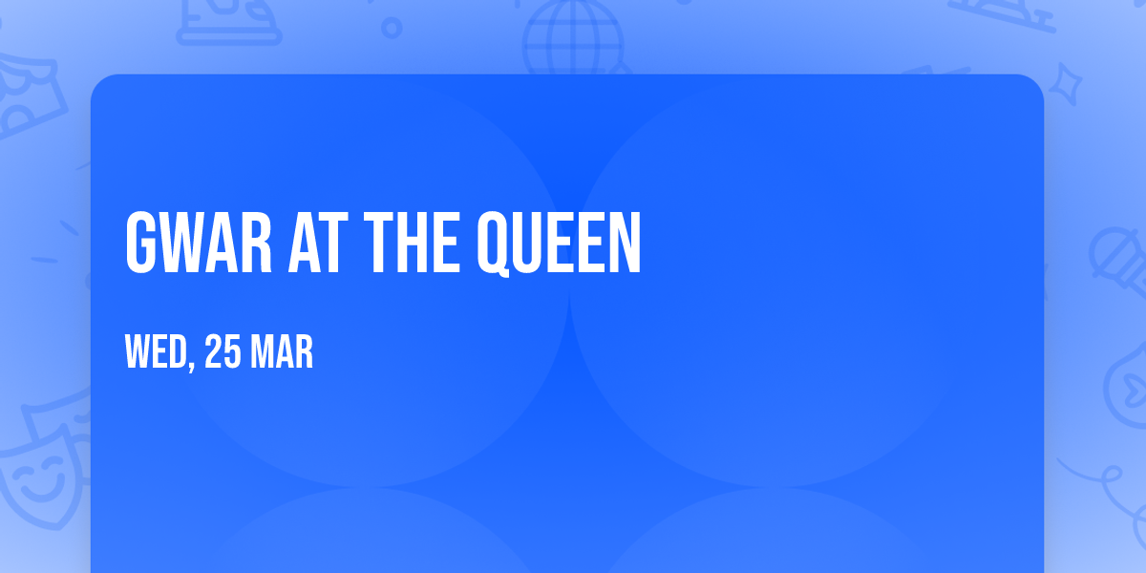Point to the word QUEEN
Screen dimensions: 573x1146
coord(560,244)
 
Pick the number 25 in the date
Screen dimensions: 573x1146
coord(223,354)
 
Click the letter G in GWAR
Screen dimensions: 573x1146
coord(139,244)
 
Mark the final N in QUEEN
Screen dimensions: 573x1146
coord(626,244)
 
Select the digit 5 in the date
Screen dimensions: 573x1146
coord(232,354)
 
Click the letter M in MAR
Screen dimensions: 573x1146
coord(263,354)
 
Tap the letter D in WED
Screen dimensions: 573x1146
coord(180,354)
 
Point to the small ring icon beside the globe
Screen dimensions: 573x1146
coord(392,28)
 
